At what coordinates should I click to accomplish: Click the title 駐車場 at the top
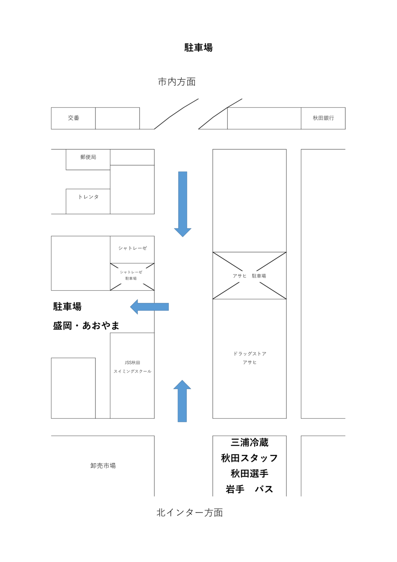(198, 48)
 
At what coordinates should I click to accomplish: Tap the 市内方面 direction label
(177, 82)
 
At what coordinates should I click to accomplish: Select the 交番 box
(73, 118)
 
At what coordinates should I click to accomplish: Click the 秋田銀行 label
(323, 118)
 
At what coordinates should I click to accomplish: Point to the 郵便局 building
(88, 157)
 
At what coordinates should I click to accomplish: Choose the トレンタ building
(88, 197)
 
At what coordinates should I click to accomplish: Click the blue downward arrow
(182, 203)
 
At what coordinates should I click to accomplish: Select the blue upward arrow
(182, 401)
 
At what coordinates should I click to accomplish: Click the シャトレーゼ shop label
(132, 248)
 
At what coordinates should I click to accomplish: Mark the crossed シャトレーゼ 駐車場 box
(132, 276)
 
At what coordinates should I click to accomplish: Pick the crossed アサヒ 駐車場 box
(249, 276)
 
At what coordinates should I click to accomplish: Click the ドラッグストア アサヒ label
(249, 358)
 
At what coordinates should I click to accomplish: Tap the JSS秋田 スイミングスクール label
(132, 367)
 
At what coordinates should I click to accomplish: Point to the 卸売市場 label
(103, 466)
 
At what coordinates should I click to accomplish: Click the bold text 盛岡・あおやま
(86, 326)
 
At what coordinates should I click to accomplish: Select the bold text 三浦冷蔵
(249, 443)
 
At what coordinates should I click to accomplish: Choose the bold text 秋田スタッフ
(249, 458)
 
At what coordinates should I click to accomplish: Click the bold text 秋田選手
(249, 474)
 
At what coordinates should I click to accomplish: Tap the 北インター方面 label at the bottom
(190, 513)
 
